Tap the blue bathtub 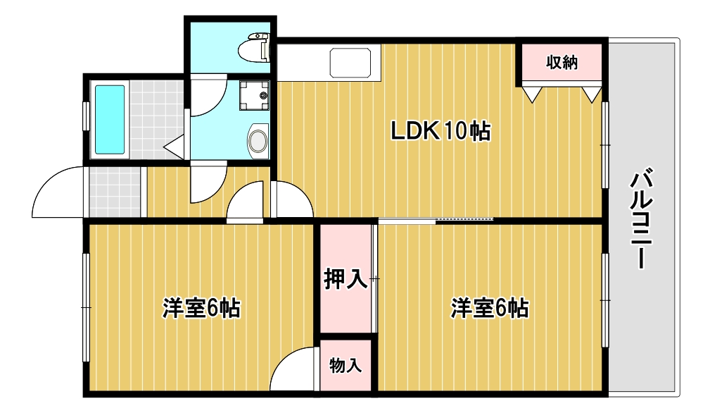(110, 120)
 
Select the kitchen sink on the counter (350, 63)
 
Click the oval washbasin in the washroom (258, 140)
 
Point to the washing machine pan (254, 95)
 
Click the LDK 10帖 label (440, 131)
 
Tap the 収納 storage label (562, 62)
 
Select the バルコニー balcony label (642, 218)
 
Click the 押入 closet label (346, 278)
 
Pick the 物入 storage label (346, 365)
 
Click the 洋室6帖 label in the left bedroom (201, 308)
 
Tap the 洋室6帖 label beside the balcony (490, 308)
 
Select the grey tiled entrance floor (115, 192)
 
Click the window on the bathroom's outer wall (86, 116)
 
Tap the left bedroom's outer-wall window (86, 307)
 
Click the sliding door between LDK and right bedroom (436, 221)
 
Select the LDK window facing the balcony (605, 144)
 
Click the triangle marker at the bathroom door (174, 147)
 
